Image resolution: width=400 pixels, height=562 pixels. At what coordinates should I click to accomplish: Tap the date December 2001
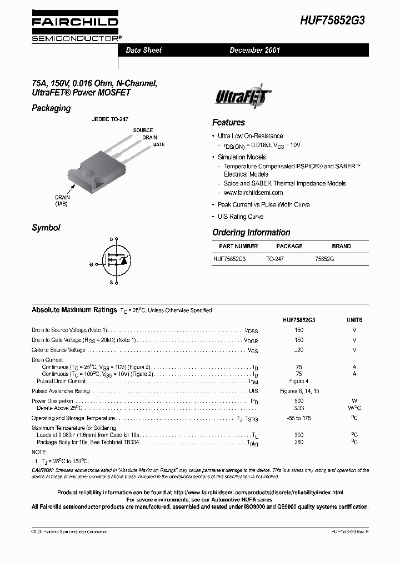255,50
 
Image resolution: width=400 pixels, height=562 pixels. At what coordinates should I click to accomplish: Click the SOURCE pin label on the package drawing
143,131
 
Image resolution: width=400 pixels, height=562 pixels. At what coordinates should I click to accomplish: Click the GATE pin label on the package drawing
158,144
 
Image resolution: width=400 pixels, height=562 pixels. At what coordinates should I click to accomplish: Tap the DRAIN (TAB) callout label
62,200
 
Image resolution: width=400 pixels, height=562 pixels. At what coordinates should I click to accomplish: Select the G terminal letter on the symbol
91,264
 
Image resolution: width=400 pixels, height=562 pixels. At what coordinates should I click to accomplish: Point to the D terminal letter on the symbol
111,239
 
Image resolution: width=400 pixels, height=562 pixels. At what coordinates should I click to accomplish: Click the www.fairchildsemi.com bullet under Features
253,193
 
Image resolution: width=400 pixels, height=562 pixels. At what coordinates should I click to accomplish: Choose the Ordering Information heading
251,233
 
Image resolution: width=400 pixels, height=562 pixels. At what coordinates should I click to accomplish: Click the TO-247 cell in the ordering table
274,259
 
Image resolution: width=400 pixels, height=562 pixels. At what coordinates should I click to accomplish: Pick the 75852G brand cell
324,259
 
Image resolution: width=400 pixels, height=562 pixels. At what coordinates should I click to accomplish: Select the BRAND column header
341,246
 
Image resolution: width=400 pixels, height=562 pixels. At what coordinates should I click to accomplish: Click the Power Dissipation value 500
299,400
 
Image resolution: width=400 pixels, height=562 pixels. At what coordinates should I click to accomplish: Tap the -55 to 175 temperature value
299,418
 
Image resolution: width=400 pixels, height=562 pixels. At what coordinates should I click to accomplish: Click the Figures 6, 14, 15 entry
299,391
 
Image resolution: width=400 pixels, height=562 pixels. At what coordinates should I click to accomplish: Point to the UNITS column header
354,320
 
